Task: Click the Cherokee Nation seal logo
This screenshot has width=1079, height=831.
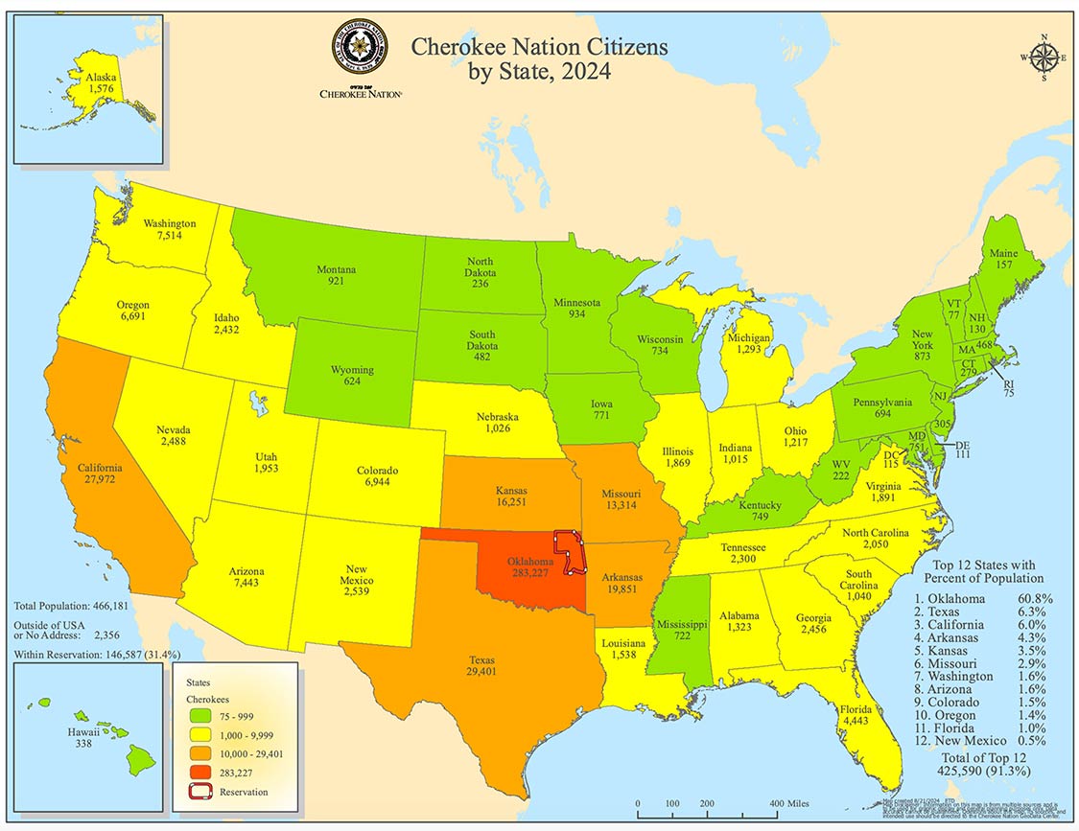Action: tap(360, 48)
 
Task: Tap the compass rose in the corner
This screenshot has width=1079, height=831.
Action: tap(1044, 58)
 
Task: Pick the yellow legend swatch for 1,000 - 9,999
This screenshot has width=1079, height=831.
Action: tap(199, 736)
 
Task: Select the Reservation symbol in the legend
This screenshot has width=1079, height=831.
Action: tap(199, 792)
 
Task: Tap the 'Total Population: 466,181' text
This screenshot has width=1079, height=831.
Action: tap(71, 607)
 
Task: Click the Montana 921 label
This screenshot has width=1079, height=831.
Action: tap(336, 276)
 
